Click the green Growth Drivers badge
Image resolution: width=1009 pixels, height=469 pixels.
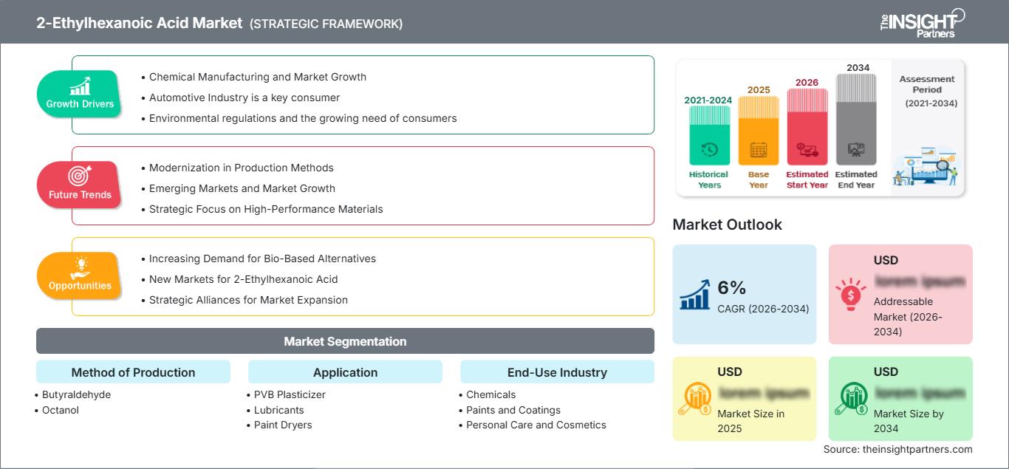click(80, 95)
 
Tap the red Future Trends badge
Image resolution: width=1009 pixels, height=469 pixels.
click(80, 185)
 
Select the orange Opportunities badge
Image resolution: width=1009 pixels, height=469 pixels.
click(80, 276)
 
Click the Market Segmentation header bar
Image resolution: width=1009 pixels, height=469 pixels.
click(345, 341)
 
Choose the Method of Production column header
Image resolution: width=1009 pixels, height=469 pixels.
click(133, 372)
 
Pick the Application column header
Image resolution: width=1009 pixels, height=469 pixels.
click(345, 372)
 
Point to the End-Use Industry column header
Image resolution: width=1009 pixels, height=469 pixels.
click(557, 372)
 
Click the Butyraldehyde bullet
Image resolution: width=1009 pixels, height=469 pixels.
click(76, 394)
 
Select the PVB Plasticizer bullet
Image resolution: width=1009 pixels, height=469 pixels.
click(290, 394)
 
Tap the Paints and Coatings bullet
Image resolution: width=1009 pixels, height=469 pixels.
click(513, 410)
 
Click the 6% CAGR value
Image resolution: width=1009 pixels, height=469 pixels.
click(732, 288)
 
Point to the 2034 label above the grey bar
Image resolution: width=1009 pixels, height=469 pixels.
click(858, 68)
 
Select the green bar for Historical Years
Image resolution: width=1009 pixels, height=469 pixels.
click(709, 136)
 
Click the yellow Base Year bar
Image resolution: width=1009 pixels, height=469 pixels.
click(759, 131)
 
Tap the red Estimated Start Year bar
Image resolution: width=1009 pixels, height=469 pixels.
click(807, 126)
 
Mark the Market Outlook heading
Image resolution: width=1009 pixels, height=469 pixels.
click(727, 225)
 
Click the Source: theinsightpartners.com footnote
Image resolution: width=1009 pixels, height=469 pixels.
click(897, 449)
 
